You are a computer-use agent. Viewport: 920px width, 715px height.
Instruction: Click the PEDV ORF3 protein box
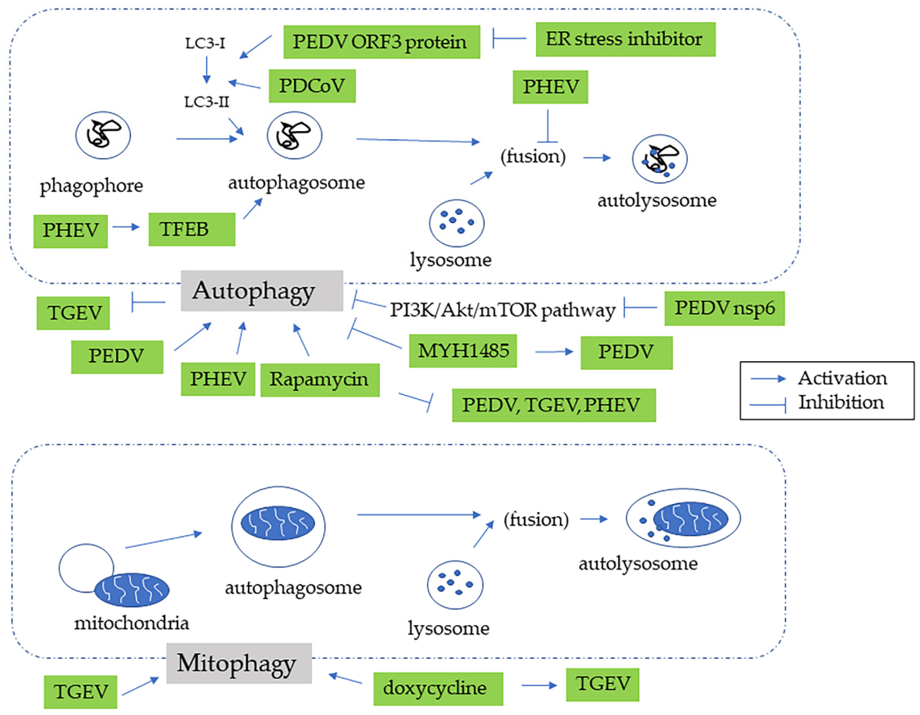(381, 42)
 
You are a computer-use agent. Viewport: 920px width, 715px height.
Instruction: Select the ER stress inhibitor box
(625, 39)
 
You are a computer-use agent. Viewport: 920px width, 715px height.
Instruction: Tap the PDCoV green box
(312, 86)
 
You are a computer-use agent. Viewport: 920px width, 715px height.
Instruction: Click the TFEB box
(192, 229)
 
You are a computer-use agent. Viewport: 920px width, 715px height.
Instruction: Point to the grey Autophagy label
(261, 291)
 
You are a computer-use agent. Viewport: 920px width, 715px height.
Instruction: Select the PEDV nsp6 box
(724, 308)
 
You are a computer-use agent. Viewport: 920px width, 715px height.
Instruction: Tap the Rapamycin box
(320, 380)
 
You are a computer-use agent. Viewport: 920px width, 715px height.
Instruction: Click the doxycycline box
(438, 688)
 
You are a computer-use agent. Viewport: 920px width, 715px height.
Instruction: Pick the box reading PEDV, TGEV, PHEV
(553, 405)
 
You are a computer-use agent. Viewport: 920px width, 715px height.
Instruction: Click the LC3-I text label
(205, 43)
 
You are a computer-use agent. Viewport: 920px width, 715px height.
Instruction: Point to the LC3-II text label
(206, 102)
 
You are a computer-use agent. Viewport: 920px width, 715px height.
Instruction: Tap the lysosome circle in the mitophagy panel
(455, 585)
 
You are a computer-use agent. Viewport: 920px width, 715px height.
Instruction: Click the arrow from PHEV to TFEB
(126, 227)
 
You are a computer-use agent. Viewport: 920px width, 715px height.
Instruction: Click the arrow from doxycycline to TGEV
(539, 685)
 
